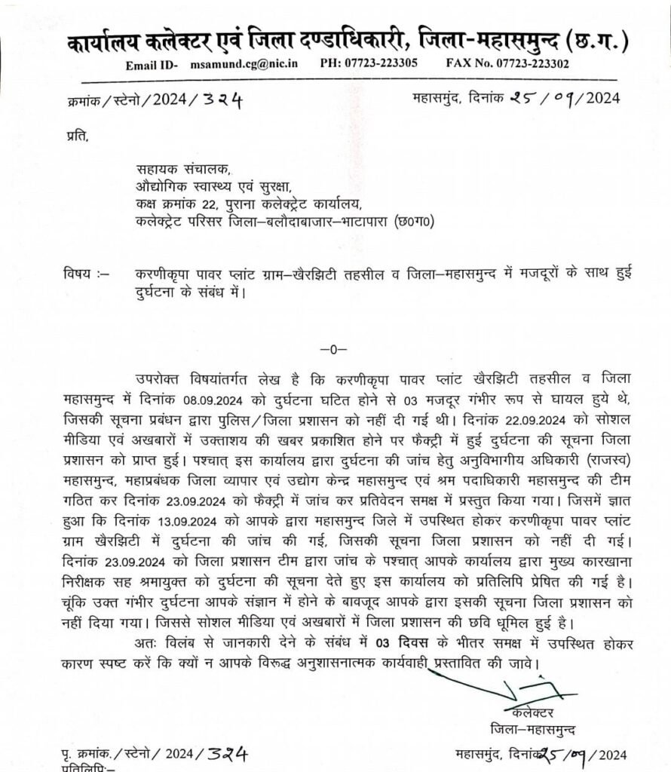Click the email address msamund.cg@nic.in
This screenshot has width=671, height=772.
[x=244, y=63]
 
